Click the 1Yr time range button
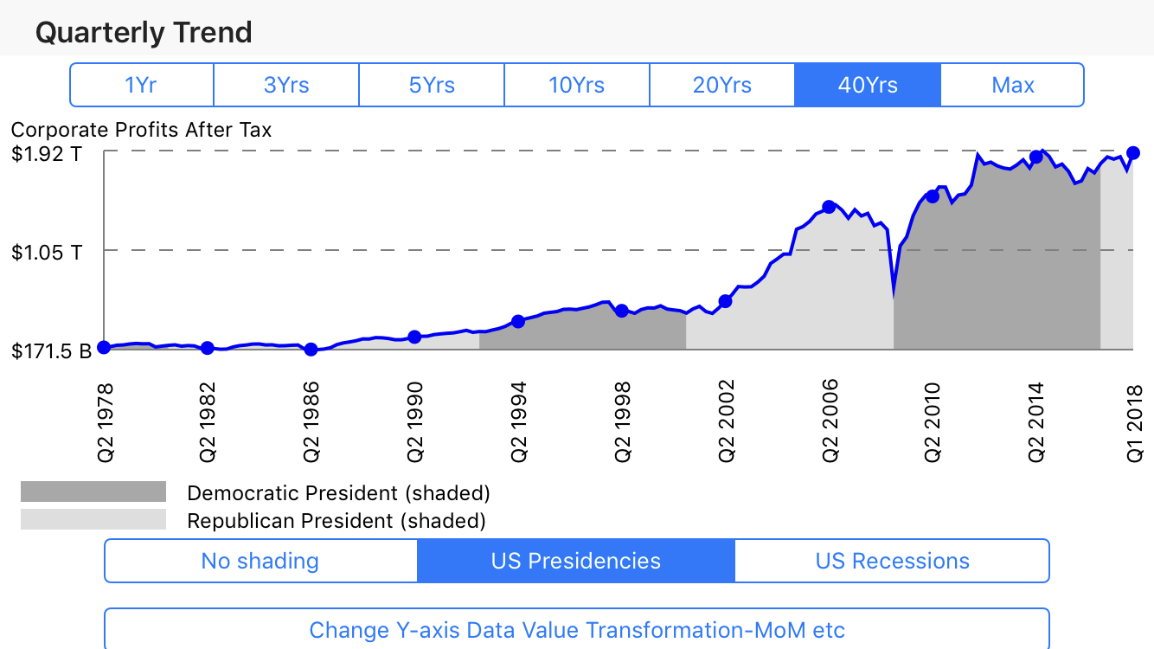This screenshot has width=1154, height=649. pyautogui.click(x=141, y=85)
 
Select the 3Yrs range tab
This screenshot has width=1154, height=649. pyautogui.click(x=286, y=85)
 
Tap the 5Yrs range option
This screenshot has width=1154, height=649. pyautogui.click(x=432, y=85)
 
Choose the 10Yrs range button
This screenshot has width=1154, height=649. pyautogui.click(x=576, y=85)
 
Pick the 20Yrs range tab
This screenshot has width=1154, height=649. pyautogui.click(x=721, y=85)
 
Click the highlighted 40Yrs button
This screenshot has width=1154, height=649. pyautogui.click(x=867, y=85)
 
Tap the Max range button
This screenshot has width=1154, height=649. pyautogui.click(x=1012, y=85)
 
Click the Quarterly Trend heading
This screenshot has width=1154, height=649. pyautogui.click(x=144, y=33)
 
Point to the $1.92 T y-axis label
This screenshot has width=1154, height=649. pyautogui.click(x=48, y=155)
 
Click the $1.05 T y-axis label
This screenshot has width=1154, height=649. pyautogui.click(x=48, y=253)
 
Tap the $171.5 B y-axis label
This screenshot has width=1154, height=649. pyautogui.click(x=51, y=351)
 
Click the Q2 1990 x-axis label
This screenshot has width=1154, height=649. pyautogui.click(x=414, y=420)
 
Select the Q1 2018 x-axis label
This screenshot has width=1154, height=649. pyautogui.click(x=1134, y=420)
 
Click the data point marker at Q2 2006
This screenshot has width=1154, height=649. pyautogui.click(x=829, y=207)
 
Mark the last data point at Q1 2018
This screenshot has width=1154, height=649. pyautogui.click(x=1133, y=152)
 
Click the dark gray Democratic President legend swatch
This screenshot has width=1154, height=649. pyautogui.click(x=93, y=492)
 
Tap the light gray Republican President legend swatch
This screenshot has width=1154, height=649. pyautogui.click(x=93, y=520)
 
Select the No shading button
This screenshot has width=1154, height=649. pyautogui.click(x=260, y=561)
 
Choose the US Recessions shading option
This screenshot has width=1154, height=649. pyautogui.click(x=892, y=561)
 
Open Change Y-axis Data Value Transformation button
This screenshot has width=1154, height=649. pyautogui.click(x=577, y=629)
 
